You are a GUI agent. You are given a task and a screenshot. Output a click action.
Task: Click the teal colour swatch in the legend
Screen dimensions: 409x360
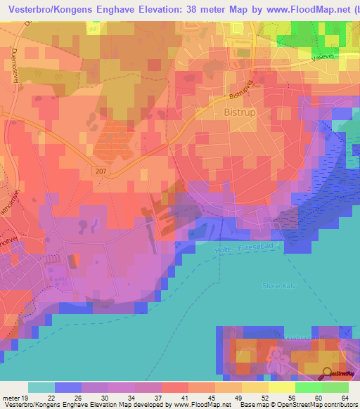pyautogui.click(x=41, y=387)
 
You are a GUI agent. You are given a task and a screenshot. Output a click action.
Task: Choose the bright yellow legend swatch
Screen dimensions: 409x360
pyautogui.click(x=282, y=387)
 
